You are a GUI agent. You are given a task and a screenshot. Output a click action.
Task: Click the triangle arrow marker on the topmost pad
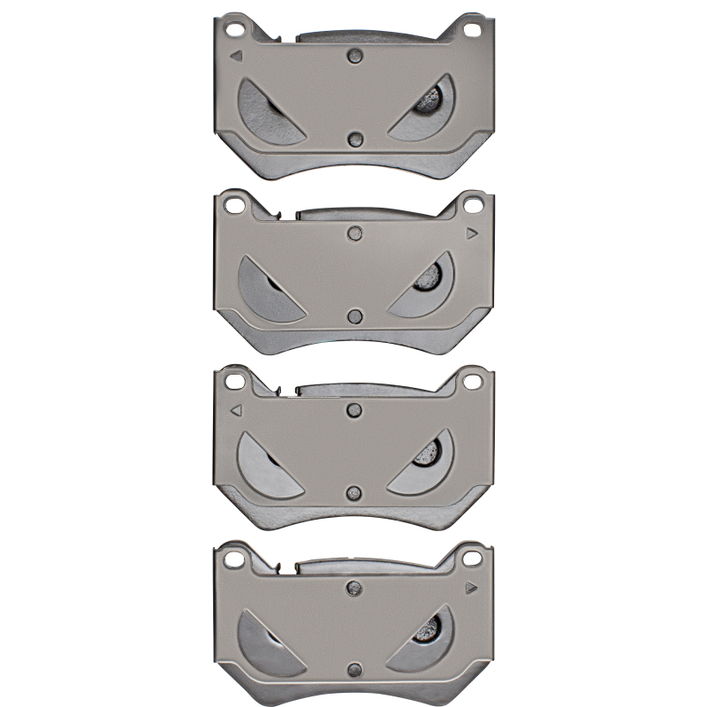(x=236, y=55)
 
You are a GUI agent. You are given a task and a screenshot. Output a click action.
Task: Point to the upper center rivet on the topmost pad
(x=355, y=55)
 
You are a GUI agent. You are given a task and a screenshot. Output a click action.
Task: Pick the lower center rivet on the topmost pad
(x=355, y=140)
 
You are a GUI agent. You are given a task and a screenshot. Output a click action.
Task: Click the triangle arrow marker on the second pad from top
(x=472, y=233)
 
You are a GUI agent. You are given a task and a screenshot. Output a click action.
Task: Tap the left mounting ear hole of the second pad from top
(x=234, y=206)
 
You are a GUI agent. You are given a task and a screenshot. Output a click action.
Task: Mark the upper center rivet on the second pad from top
(x=355, y=232)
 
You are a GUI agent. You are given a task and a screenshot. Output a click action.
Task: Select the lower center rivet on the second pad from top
(x=355, y=316)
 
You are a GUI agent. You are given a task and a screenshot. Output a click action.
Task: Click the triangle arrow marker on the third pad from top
(x=236, y=410)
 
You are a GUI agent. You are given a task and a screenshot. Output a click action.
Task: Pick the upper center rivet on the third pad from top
(x=355, y=408)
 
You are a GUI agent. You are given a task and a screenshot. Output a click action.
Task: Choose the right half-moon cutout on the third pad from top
(x=428, y=460)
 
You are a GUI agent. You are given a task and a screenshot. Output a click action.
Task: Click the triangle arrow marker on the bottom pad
(x=472, y=586)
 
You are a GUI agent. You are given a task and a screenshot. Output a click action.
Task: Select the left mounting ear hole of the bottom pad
(x=234, y=559)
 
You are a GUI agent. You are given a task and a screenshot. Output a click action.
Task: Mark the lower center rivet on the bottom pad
(x=355, y=668)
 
